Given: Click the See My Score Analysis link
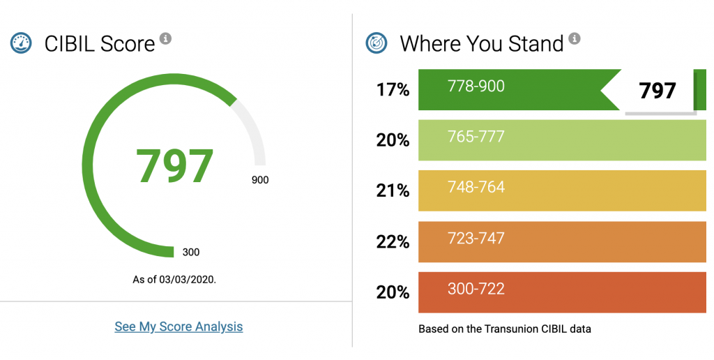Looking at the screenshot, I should pos(178,327).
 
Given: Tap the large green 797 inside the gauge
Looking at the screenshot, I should pos(174,166).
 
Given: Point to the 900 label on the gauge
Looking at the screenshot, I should pos(260,180).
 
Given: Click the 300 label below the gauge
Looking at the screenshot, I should pos(191,252).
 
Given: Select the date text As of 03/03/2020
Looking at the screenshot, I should pos(174,280).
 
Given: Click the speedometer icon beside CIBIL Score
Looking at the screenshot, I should pos(21,43).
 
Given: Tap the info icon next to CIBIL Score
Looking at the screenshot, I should pos(165,38).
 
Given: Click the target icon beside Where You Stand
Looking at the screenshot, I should pos(377,43).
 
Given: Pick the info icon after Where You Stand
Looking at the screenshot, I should pos(574,38).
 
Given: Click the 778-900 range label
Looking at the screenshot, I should pos(476,87).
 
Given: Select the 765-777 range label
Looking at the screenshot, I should pos(476,137).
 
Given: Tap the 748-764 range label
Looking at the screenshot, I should pos(476,188).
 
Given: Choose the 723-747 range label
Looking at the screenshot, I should pos(476,239).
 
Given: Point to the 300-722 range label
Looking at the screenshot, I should pos(476,289).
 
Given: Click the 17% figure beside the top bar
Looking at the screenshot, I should pos(393,90).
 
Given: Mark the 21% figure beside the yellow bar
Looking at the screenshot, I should pos(393,191).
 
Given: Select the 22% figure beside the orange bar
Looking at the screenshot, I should pos(393,242).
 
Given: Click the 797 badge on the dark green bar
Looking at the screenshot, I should pos(658,91).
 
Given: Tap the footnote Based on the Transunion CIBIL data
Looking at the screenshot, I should pos(504,329).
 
